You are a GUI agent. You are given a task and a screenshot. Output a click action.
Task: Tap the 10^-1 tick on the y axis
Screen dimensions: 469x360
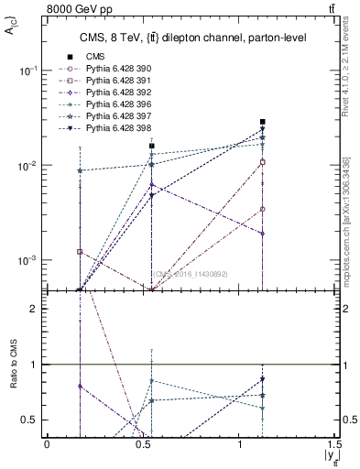point(31,71)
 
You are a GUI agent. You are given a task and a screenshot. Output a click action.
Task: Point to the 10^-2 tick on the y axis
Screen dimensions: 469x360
point(31,166)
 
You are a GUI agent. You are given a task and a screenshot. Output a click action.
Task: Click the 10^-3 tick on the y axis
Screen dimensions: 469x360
point(31,260)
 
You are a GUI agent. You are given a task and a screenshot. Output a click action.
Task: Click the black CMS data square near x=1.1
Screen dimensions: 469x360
point(262,122)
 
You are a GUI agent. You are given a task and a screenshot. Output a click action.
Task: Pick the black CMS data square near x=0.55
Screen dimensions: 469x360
point(152,146)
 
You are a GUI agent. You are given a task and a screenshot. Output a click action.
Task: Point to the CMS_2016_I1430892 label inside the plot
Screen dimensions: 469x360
point(190,274)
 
